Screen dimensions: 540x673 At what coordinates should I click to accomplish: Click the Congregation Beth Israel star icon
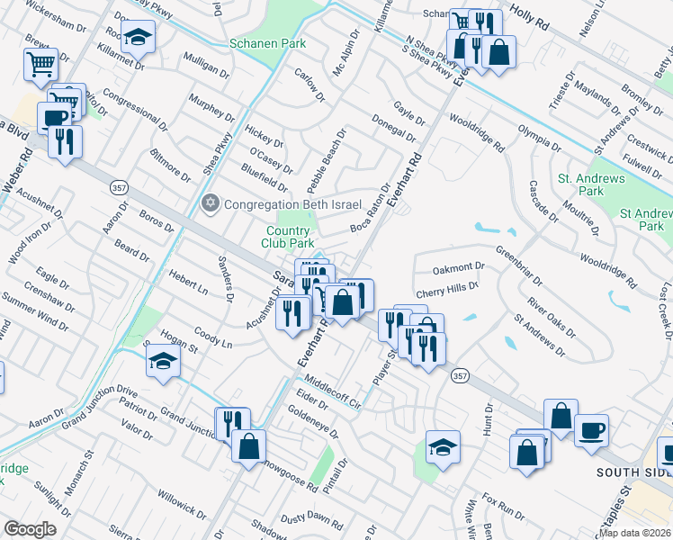[x=211, y=202]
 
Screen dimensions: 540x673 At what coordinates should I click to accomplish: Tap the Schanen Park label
[x=267, y=43]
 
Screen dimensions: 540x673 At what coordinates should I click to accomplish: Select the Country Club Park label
[x=288, y=238]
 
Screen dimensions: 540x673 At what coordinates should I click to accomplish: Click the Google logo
[x=31, y=529]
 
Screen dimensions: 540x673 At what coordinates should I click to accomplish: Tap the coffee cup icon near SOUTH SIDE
[x=591, y=431]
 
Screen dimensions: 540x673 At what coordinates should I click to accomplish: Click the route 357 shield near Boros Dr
[x=117, y=187]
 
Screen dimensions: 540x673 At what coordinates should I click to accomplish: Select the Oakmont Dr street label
[x=458, y=267]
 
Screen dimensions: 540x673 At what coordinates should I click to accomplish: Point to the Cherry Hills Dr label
[x=447, y=293]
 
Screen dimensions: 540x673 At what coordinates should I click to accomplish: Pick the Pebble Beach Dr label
[x=327, y=160]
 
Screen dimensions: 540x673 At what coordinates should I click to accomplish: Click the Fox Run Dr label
[x=503, y=506]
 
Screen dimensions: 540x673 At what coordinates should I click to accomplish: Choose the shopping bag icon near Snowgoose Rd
[x=248, y=445]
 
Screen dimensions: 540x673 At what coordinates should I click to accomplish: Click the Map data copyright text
[x=635, y=533]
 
